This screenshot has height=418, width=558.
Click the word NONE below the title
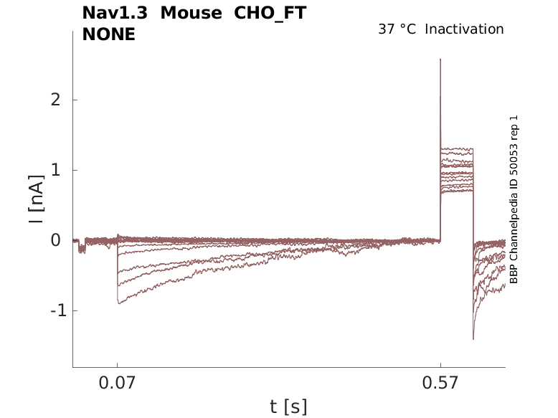[109, 34]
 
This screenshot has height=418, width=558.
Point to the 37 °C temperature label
[397, 29]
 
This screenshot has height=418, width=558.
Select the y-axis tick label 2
[55, 100]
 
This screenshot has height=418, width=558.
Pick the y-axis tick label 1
[55, 170]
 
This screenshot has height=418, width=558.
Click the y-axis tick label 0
[55, 240]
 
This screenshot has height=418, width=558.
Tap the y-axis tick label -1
[51, 310]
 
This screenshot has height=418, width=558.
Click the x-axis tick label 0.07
[118, 384]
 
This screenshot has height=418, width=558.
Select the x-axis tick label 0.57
[440, 384]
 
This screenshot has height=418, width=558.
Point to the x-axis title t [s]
[288, 407]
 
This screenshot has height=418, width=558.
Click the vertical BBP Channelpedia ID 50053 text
[514, 199]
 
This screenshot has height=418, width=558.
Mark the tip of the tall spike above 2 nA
[440, 60]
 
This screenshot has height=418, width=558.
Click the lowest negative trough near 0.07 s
[119, 303]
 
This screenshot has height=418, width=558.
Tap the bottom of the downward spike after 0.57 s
[473, 338]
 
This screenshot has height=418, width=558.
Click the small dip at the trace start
[82, 250]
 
